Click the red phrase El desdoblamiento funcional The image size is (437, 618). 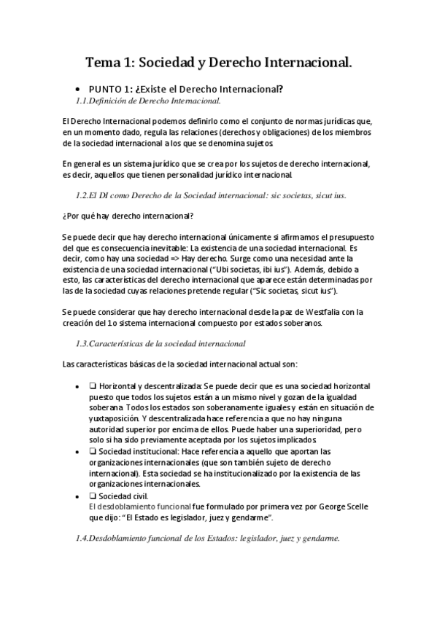click(x=129, y=505)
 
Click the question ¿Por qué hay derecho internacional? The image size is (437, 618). click(x=128, y=216)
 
